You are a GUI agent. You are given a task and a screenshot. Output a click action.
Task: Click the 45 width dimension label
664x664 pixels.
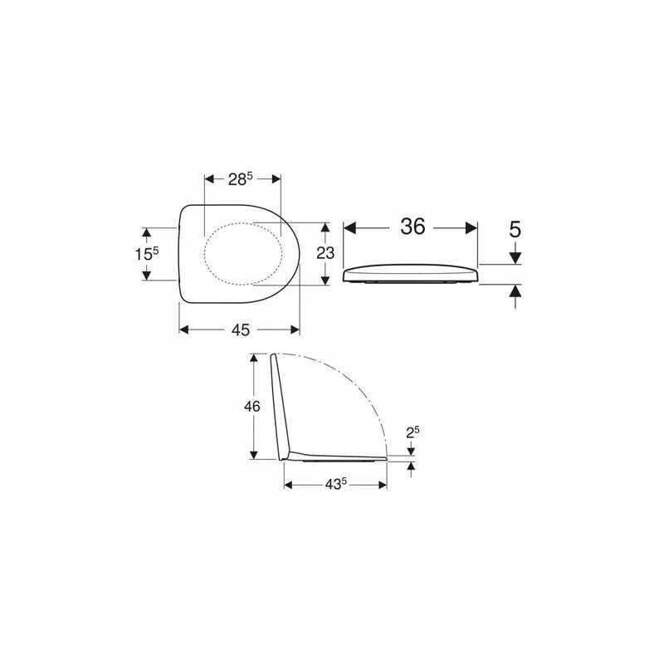point(240,330)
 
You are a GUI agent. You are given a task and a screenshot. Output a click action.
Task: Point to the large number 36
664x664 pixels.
point(412,227)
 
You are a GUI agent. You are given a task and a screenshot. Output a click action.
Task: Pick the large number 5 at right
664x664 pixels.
point(515,228)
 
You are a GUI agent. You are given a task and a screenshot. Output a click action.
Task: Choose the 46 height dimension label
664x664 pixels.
point(252,406)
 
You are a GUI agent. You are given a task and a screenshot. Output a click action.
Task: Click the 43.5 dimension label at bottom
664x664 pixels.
point(334,484)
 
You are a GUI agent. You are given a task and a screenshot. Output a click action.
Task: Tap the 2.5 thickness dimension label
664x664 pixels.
point(411,432)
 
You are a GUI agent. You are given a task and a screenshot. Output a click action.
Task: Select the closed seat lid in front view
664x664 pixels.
point(411,274)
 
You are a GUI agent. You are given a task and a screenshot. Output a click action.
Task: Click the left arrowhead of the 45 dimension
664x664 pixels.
point(185,330)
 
